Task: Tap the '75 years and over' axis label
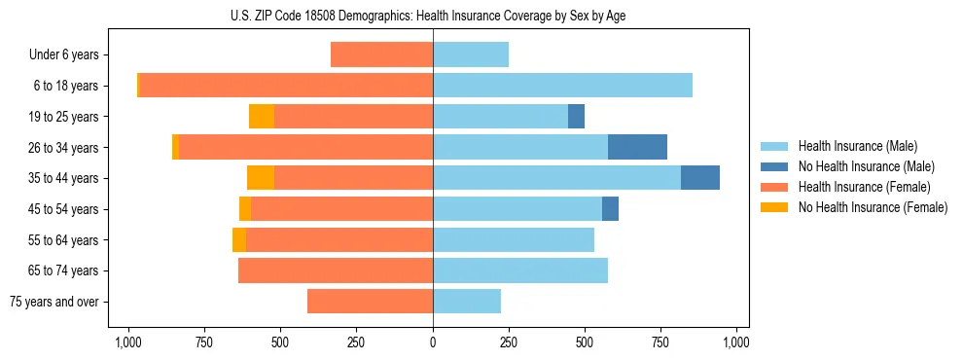(54, 302)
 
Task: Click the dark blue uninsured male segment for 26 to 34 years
(637, 147)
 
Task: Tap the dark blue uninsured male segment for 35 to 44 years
(700, 178)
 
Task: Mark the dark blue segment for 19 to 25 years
(576, 117)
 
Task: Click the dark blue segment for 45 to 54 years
(610, 209)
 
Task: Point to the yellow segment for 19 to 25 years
(262, 117)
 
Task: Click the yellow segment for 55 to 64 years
(239, 240)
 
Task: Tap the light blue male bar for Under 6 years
(471, 54)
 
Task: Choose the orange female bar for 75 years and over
(370, 302)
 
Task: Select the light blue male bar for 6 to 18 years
(562, 86)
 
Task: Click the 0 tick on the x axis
(433, 342)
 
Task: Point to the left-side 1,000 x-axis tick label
(127, 342)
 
